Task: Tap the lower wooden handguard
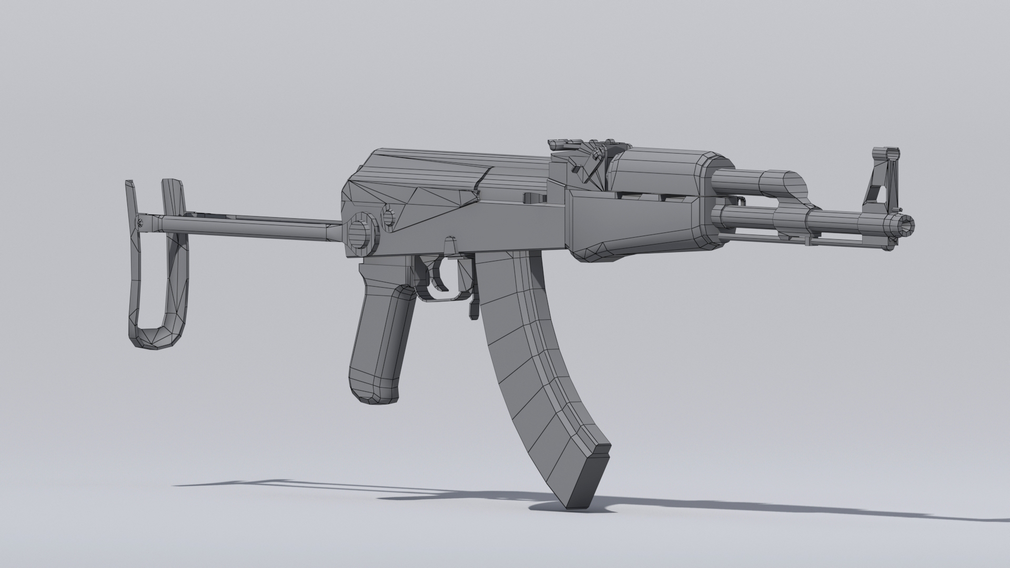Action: pyautogui.click(x=631, y=221)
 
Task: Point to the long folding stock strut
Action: pyautogui.click(x=247, y=224)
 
